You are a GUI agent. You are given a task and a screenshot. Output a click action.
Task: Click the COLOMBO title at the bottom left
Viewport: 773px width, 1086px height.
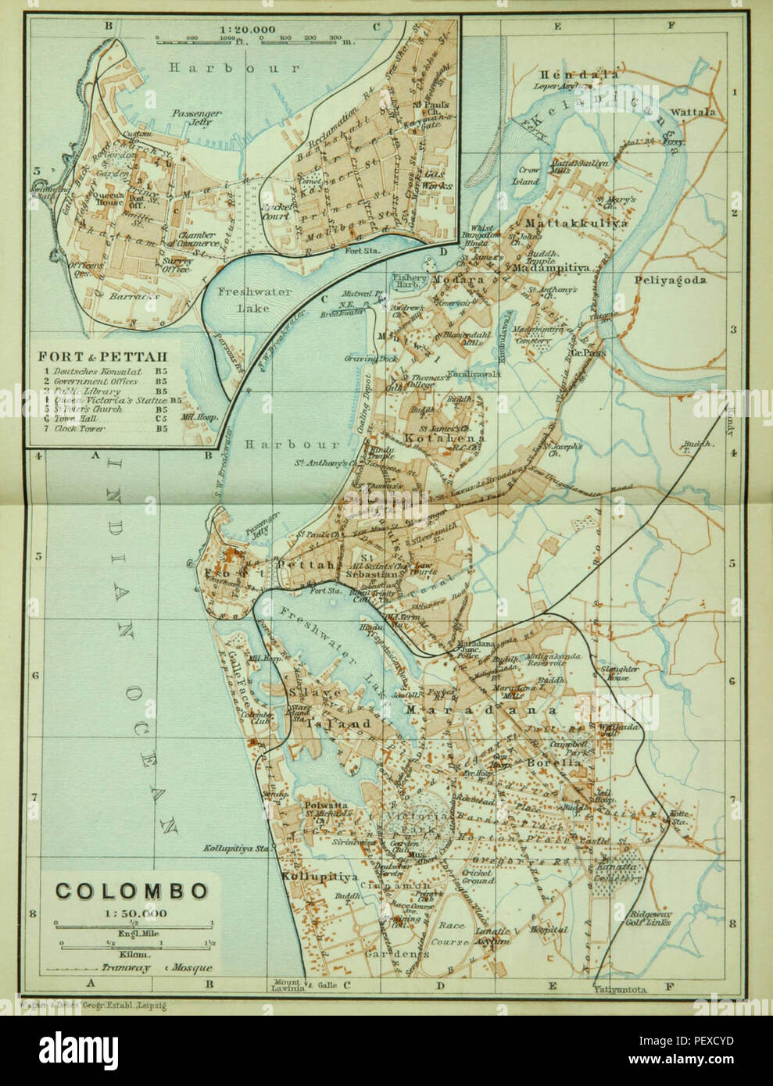(131, 891)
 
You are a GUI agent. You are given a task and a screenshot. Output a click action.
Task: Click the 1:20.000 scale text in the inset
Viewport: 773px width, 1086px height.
(242, 29)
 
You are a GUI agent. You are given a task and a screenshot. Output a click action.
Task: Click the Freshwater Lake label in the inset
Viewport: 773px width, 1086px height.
(243, 299)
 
